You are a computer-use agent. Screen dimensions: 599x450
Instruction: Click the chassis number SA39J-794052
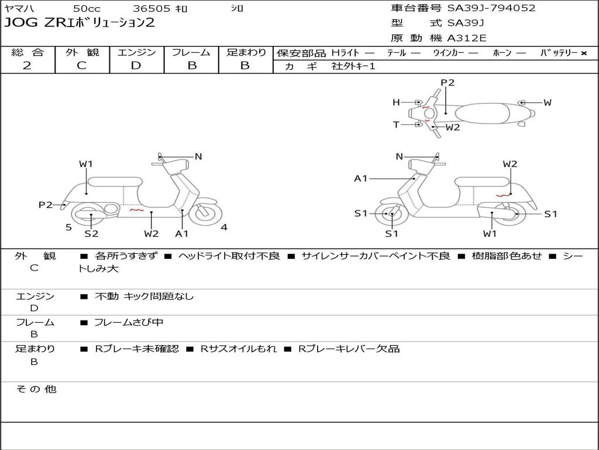491,8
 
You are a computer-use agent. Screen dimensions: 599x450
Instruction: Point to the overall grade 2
27,66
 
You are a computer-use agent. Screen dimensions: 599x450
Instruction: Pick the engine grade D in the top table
136,66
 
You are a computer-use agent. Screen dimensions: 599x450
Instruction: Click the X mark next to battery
584,53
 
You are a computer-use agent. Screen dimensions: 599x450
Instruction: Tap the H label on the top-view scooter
396,102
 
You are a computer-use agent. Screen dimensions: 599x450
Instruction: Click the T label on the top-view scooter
396,124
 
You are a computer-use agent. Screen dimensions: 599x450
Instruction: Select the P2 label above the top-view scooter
447,82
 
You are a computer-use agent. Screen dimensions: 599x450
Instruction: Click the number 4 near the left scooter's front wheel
224,227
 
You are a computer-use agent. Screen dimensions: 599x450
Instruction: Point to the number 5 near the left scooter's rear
68,227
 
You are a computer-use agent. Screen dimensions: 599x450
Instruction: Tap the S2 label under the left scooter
91,233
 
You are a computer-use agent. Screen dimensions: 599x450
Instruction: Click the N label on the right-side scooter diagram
399,156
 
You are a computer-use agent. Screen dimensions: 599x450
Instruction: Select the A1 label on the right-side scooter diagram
360,178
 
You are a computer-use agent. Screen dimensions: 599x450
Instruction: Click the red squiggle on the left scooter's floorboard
137,210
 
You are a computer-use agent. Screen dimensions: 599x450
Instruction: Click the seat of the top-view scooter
482,113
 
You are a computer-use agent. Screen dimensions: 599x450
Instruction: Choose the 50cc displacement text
87,8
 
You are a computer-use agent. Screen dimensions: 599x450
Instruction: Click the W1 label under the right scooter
490,233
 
